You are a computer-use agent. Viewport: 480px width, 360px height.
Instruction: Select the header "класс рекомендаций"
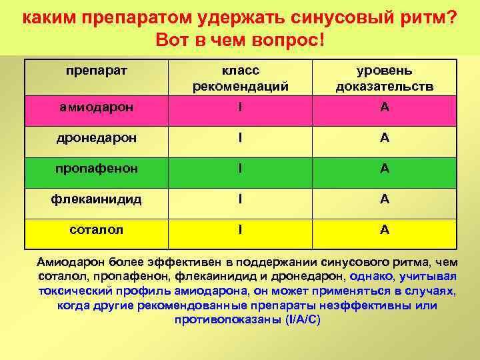240,78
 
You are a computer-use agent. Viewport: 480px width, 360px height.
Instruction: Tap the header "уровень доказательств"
385,78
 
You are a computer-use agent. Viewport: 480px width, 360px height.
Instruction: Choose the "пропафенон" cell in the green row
97,168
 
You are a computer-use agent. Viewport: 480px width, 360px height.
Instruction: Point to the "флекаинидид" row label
97,199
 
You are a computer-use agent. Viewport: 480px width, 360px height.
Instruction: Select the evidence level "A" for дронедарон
385,138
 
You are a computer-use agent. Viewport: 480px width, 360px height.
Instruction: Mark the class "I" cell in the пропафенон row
240,168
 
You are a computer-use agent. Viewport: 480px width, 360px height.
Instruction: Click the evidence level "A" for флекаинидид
385,199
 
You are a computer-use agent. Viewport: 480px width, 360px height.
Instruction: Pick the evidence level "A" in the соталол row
385,229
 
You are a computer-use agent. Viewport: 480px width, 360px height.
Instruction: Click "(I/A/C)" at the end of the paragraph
303,320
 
